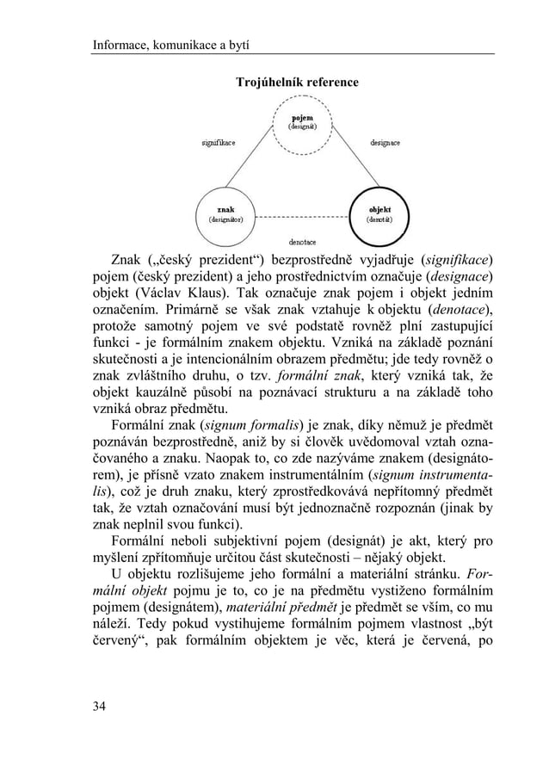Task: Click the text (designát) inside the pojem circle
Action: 301,127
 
